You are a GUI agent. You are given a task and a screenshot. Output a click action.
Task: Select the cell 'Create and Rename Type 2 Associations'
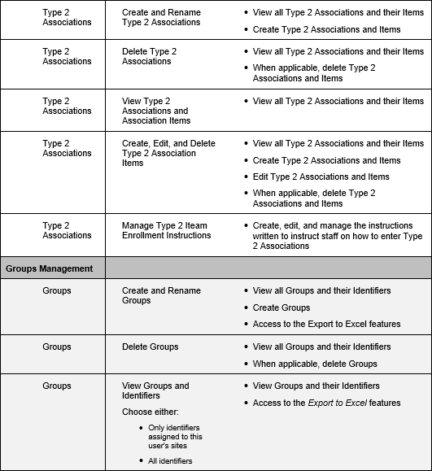click(x=161, y=18)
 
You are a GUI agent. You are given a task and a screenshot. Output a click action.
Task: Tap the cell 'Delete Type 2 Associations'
click(x=149, y=56)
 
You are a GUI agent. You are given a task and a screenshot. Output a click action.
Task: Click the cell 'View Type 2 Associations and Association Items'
click(x=155, y=111)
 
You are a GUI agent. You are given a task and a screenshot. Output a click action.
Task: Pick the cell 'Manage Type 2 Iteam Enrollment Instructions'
click(x=166, y=230)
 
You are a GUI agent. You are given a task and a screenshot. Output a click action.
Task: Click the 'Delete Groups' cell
click(x=150, y=347)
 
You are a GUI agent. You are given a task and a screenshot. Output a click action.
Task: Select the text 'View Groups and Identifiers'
click(x=155, y=390)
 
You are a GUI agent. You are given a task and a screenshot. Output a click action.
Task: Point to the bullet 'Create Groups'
click(x=281, y=307)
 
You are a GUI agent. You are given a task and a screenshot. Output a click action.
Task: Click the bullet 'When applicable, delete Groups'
click(x=315, y=364)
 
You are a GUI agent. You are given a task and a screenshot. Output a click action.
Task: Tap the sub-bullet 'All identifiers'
click(x=169, y=461)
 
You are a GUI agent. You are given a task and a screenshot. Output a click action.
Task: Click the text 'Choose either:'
click(x=150, y=412)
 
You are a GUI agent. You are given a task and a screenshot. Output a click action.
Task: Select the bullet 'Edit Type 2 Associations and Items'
click(x=321, y=177)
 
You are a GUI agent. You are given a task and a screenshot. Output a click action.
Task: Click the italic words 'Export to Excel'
click(x=336, y=403)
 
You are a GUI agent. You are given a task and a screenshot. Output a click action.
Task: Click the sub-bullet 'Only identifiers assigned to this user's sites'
click(x=175, y=436)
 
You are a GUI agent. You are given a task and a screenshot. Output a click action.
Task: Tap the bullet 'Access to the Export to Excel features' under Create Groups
click(x=326, y=324)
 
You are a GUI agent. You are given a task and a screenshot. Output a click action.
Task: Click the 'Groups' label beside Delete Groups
click(x=57, y=347)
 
